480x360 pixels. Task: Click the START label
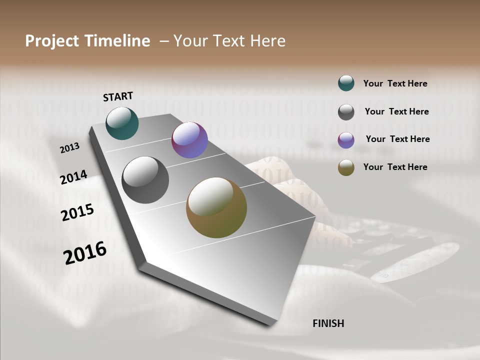click(118, 96)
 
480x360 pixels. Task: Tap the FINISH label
click(328, 323)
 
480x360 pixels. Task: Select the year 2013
click(69, 148)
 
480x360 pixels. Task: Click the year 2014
click(73, 177)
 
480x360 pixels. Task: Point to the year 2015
click(77, 212)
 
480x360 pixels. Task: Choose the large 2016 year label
click(85, 252)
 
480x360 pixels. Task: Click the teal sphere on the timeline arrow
click(122, 123)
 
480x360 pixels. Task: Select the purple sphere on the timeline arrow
click(189, 140)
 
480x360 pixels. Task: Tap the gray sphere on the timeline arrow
click(145, 180)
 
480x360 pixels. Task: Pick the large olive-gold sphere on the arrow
click(216, 207)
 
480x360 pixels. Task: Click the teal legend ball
click(346, 83)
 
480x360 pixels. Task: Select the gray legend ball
click(346, 112)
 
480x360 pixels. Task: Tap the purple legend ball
click(346, 140)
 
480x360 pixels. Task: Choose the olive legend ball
click(346, 168)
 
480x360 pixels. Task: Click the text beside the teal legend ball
click(395, 83)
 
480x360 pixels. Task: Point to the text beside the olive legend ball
click(395, 167)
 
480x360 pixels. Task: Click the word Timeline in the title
click(117, 41)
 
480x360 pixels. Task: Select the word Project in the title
click(52, 41)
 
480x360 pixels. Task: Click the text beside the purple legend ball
click(397, 139)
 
